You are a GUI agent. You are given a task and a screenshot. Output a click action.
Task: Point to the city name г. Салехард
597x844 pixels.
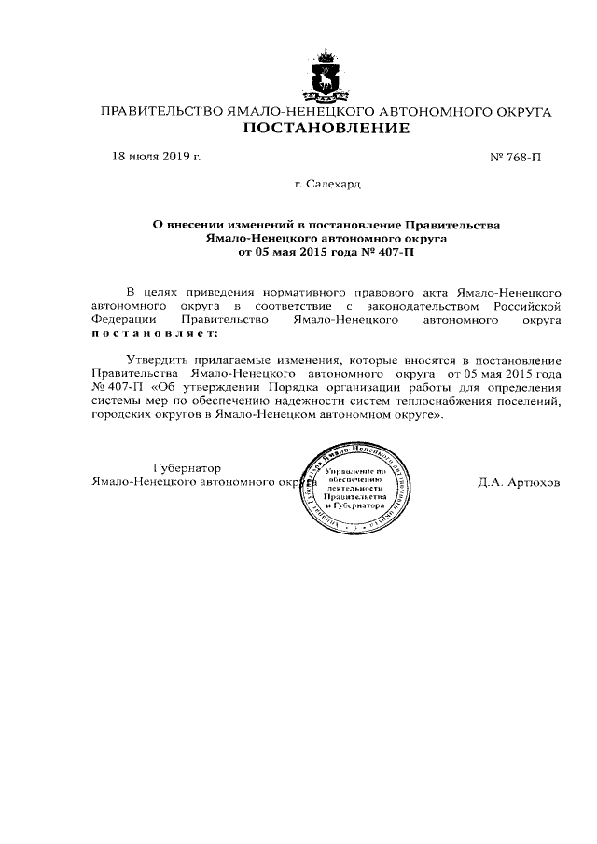pyautogui.click(x=326, y=185)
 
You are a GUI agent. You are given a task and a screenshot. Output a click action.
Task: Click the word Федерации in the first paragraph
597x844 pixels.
pyautogui.click(x=123, y=319)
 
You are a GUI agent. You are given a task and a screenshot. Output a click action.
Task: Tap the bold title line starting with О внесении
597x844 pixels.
pyautogui.click(x=326, y=225)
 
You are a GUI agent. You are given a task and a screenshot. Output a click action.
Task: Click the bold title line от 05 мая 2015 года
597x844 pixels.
pyautogui.click(x=326, y=252)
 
